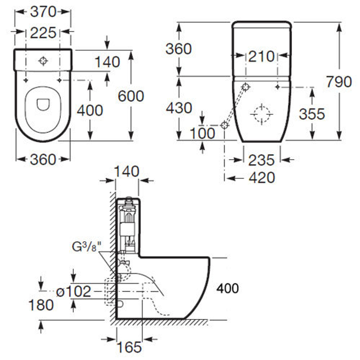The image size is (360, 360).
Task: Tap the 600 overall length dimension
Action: click(131, 96)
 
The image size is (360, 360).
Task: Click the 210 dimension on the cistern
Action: click(261, 56)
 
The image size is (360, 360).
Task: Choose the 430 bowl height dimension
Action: click(179, 108)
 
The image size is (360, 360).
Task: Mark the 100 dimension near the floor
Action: click(202, 133)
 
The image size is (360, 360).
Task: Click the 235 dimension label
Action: click(261, 160)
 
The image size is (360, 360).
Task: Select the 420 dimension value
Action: click(262, 177)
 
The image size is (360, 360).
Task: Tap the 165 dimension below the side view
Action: click(129, 347)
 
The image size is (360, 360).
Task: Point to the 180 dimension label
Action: click(41, 305)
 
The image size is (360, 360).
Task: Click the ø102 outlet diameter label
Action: click(74, 291)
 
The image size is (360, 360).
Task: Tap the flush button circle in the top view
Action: click(43, 61)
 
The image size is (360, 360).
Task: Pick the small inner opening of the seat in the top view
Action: click(43, 104)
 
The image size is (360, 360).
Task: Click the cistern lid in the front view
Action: click(261, 25)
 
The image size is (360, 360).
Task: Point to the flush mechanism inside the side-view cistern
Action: click(127, 223)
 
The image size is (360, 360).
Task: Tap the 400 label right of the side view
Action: click(228, 288)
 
